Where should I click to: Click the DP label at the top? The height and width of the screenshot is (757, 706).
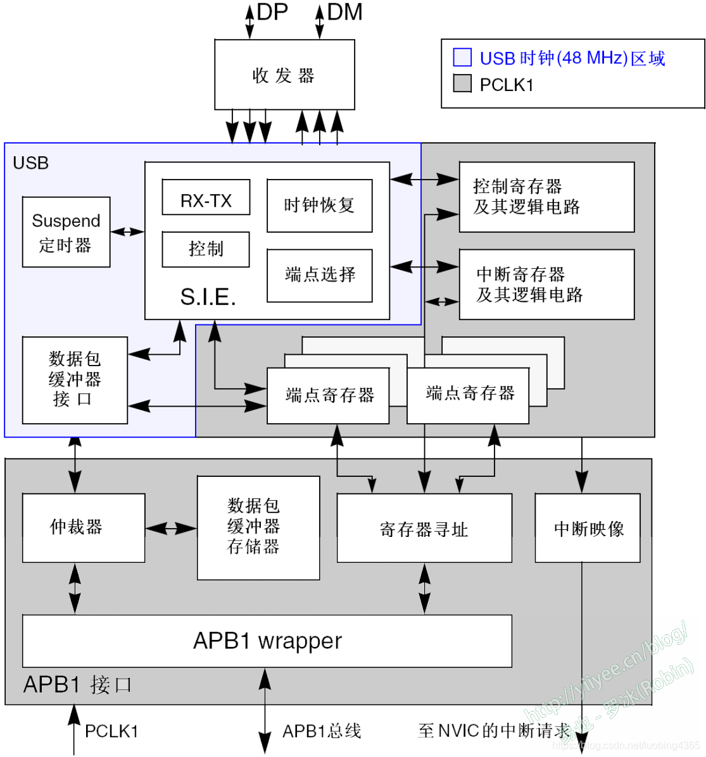[x=272, y=12]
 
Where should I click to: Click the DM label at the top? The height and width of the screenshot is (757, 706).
[x=344, y=12]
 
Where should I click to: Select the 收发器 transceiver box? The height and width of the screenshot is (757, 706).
[x=284, y=75]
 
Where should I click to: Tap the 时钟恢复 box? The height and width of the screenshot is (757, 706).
[x=319, y=206]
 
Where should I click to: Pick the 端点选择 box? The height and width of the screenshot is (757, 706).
[x=319, y=275]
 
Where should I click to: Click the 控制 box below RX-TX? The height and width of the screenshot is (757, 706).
[x=206, y=249]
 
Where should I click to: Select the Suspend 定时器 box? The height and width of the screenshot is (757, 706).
[x=66, y=232]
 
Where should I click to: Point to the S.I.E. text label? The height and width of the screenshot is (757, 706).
[x=208, y=297]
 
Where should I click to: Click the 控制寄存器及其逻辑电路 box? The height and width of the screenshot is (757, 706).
[x=546, y=197]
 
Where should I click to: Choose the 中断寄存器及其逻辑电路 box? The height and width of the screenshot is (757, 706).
[x=546, y=284]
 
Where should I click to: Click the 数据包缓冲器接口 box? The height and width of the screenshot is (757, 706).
[x=75, y=380]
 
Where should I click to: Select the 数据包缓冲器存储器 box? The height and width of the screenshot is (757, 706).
[x=258, y=527]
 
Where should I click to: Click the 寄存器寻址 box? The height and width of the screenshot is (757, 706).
[x=424, y=528]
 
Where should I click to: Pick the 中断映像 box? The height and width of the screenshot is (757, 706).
[x=587, y=528]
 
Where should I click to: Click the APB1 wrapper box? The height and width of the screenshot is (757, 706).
[x=267, y=641]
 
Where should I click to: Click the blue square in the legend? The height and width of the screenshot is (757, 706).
[x=462, y=58]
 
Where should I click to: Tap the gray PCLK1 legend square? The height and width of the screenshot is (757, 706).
[x=462, y=83]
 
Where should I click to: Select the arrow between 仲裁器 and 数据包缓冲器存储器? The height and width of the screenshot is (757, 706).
[x=171, y=528]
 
